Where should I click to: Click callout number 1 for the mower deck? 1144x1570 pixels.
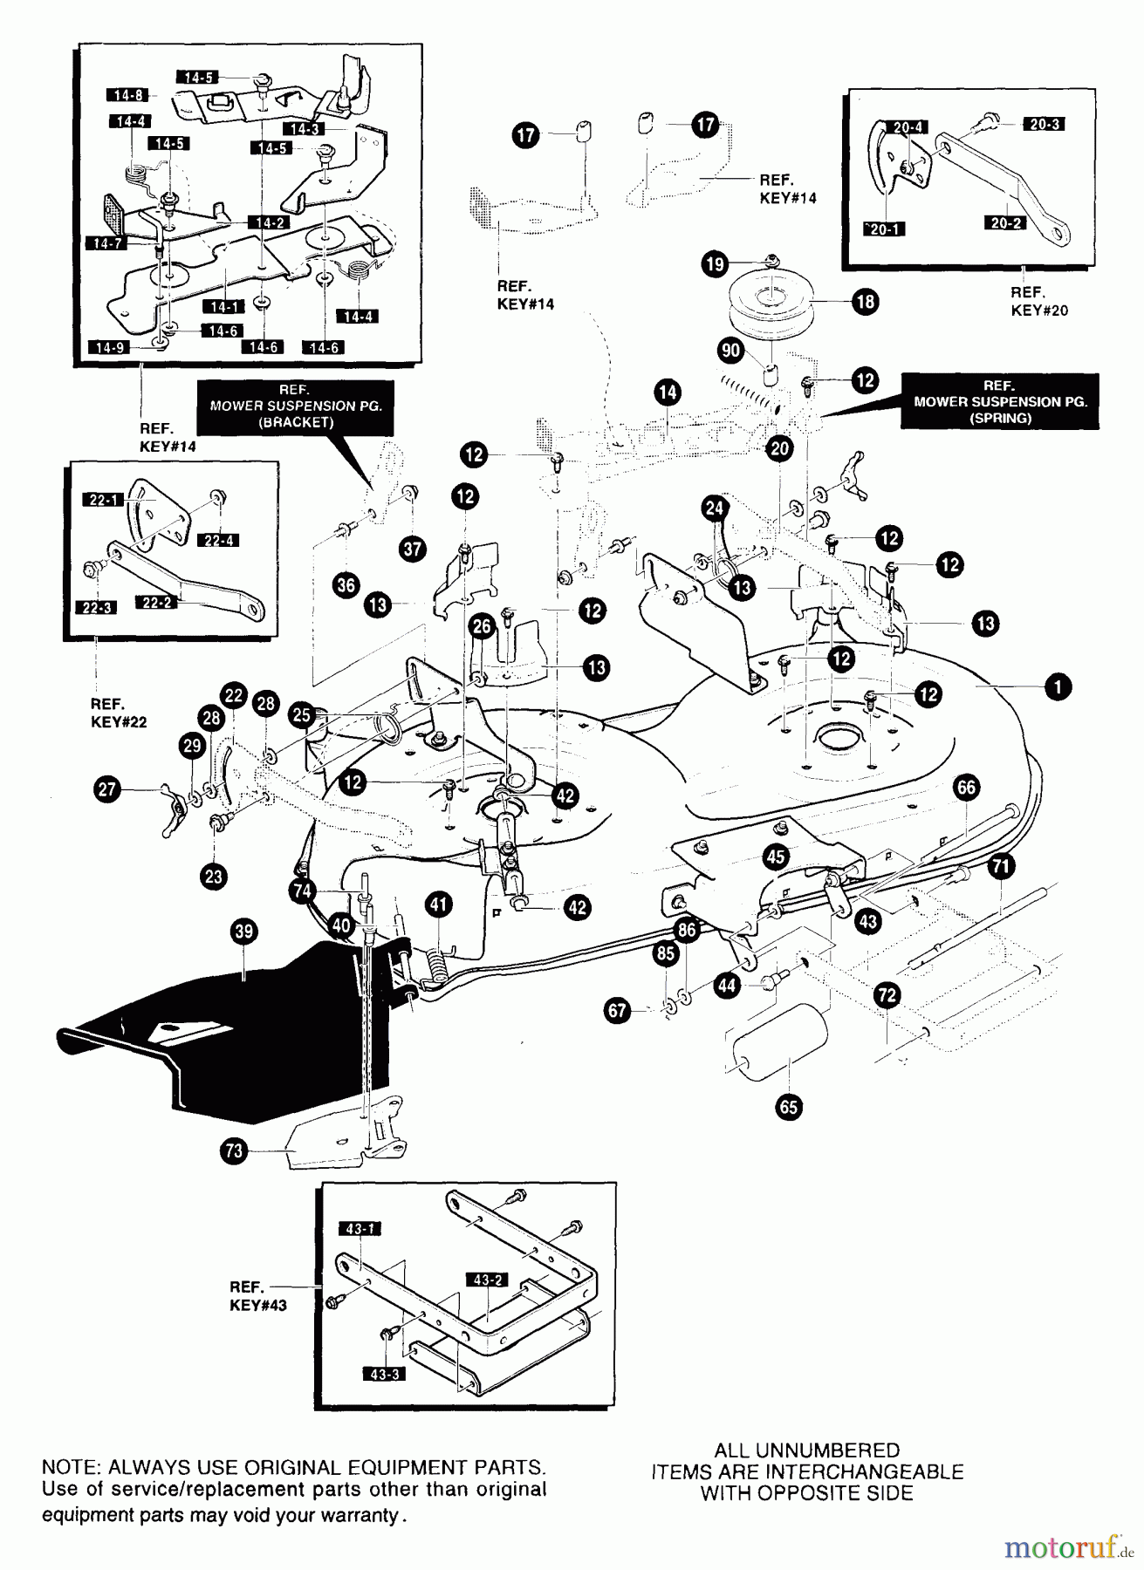pos(1058,687)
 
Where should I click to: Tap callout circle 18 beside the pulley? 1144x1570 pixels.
pos(865,303)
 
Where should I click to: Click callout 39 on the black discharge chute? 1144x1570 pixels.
pos(244,932)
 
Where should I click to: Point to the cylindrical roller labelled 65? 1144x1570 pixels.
pos(779,1056)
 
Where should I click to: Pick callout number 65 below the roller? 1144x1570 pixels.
pos(788,1107)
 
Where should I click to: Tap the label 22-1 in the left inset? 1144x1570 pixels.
pos(104,500)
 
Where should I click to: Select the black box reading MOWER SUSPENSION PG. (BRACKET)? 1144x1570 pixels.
pos(295,406)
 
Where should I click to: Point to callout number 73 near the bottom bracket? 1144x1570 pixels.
pos(233,1150)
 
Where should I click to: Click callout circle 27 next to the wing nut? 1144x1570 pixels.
pos(106,790)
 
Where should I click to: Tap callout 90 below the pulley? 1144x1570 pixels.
pos(730,351)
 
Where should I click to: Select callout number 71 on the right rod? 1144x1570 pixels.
pos(1002,866)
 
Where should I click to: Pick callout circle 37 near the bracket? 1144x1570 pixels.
pos(413,549)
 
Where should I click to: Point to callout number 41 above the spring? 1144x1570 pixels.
pos(438,904)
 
